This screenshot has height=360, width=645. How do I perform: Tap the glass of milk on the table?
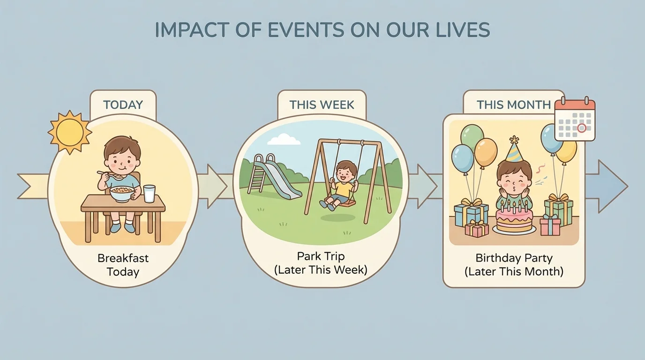[149, 194]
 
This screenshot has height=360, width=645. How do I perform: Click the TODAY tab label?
[123, 105]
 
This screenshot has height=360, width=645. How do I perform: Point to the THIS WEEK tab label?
[322, 105]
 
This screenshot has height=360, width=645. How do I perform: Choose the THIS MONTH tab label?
[513, 105]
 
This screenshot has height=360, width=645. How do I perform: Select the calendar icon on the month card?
[575, 120]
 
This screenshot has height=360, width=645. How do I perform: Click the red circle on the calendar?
[582, 127]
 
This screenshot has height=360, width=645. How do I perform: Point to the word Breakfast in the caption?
[122, 258]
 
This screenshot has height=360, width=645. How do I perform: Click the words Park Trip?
[321, 256]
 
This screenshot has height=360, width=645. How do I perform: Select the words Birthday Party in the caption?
[514, 258]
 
